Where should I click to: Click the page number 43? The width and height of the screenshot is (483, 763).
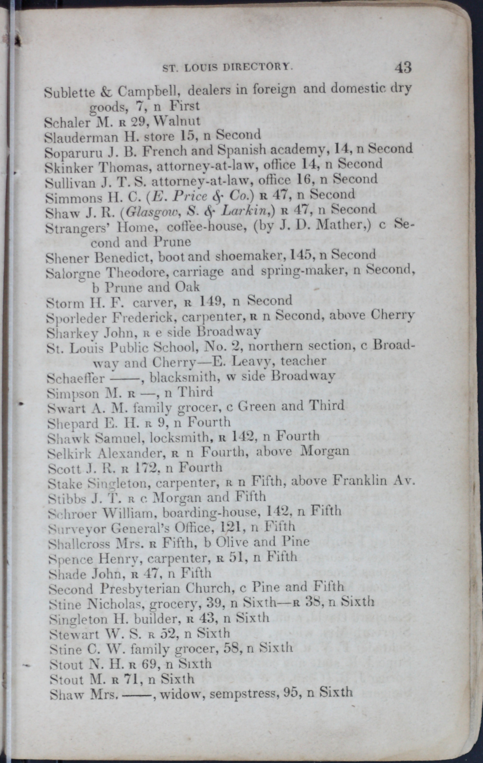click(402, 67)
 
